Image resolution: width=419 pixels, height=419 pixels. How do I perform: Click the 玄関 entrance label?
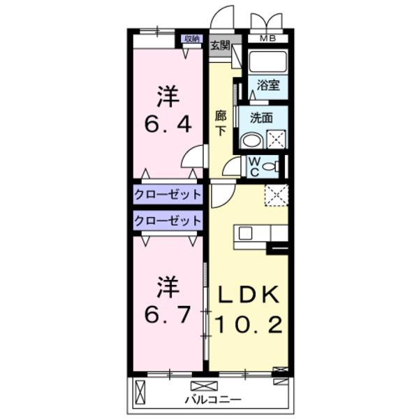(x=220, y=45)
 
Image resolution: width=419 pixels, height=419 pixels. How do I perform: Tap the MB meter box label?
(x=268, y=38)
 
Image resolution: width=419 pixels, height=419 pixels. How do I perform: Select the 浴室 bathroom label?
(x=267, y=86)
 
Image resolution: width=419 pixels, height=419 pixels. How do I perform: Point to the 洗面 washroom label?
(x=261, y=118)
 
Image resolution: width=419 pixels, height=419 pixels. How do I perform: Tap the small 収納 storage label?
(x=191, y=38)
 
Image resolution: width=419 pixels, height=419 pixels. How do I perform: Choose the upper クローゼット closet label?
(x=168, y=194)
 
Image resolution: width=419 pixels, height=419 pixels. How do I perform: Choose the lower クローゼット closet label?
(x=168, y=221)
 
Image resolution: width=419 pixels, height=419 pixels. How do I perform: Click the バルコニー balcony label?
(x=213, y=400)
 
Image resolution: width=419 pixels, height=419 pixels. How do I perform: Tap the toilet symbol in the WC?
(x=274, y=166)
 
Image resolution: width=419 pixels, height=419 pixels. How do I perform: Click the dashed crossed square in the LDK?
(x=277, y=196)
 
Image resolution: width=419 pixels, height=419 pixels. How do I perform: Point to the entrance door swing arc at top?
(x=223, y=17)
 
